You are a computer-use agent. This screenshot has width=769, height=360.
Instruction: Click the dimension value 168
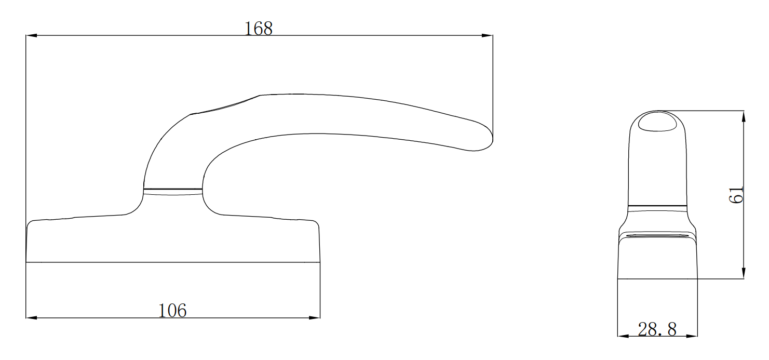(x=259, y=29)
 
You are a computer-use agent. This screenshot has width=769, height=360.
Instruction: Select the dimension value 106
(x=172, y=310)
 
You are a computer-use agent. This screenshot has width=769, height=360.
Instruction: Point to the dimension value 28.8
(x=657, y=329)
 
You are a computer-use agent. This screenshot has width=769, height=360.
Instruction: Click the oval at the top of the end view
(x=657, y=122)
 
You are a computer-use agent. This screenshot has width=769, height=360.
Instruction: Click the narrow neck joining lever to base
(x=172, y=190)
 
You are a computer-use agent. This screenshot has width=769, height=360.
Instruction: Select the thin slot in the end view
(x=657, y=236)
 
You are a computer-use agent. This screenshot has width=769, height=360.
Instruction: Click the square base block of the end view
(x=657, y=260)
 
